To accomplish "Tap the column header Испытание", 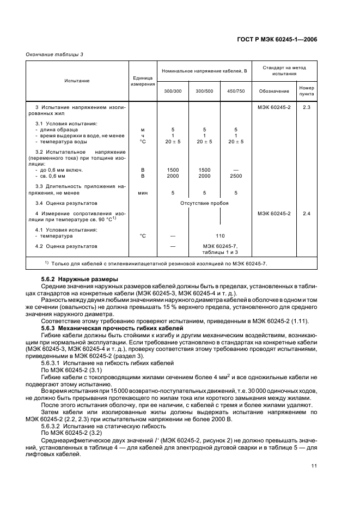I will tap(77, 81).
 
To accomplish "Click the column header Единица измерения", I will tap(143, 81).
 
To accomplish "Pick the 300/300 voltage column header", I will tap(173, 90).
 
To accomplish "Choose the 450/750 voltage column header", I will tap(236, 90).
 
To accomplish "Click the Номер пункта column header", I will tap(306, 90).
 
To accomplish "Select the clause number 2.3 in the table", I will tap(306, 107).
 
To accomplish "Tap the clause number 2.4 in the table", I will tap(306, 214).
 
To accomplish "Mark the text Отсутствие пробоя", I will tap(204, 203).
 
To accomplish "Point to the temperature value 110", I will tap(220, 236).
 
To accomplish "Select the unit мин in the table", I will tap(143, 192).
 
